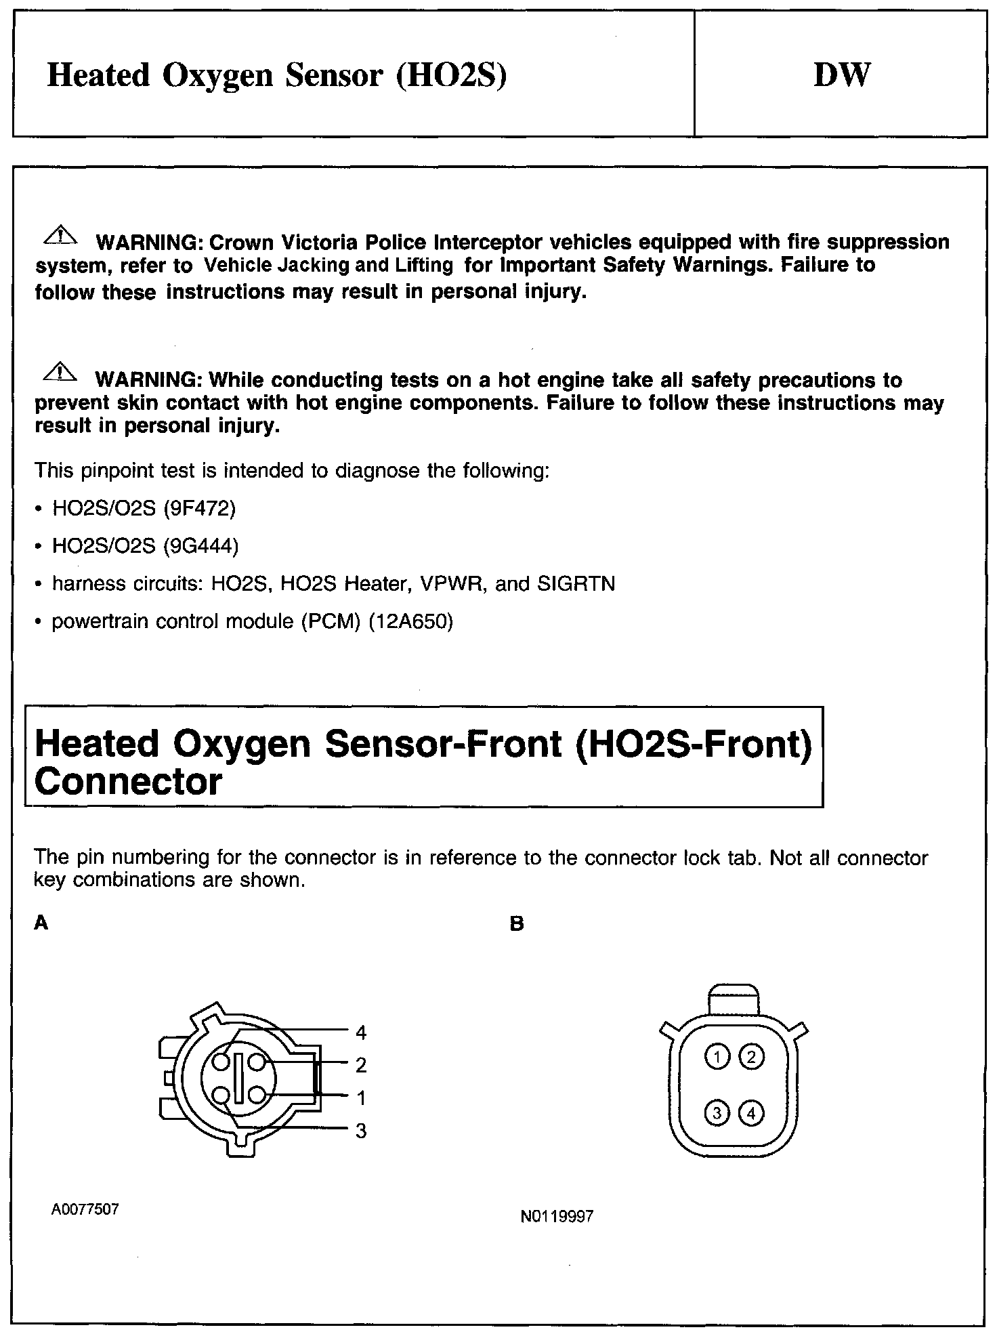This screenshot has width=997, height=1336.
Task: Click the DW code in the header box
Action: (x=841, y=75)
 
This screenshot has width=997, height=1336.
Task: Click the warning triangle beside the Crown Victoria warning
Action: (x=60, y=236)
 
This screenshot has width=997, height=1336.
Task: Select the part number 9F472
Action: (x=199, y=508)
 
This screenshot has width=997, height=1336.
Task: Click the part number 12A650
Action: (x=410, y=621)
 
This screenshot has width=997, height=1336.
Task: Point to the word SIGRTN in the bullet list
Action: (x=576, y=584)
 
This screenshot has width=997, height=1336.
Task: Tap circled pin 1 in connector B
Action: (x=717, y=1056)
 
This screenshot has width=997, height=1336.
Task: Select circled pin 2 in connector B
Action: (x=751, y=1056)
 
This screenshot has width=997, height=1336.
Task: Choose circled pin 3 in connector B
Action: (x=717, y=1112)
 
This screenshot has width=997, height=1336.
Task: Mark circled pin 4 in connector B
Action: (x=751, y=1112)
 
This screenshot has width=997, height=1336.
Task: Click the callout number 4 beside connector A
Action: (x=361, y=1032)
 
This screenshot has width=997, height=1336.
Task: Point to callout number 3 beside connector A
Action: (x=361, y=1130)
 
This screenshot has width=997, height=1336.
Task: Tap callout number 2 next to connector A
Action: (x=361, y=1065)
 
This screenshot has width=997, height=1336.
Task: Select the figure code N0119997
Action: (x=557, y=1216)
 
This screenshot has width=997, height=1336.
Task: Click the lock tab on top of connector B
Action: (x=734, y=999)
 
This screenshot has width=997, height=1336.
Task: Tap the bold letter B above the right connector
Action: (x=517, y=924)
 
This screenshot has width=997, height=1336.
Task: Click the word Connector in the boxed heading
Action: (x=128, y=781)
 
